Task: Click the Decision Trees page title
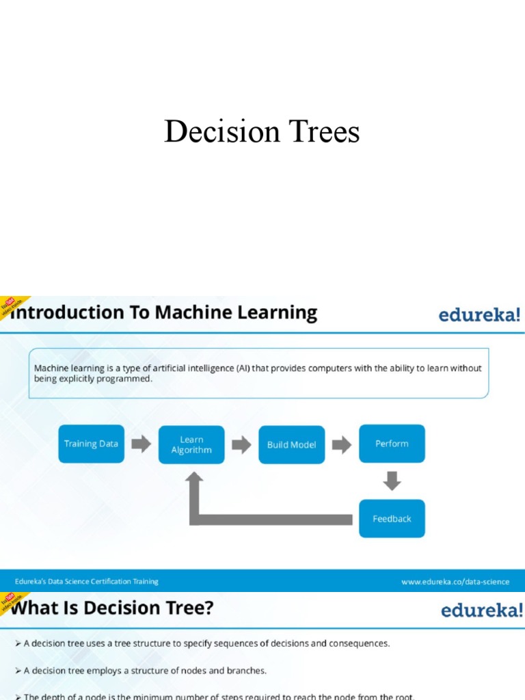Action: [x=262, y=131]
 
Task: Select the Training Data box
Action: [x=91, y=444]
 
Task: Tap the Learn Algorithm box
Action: [x=191, y=445]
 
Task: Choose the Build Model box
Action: [x=292, y=445]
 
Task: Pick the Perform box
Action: [x=392, y=444]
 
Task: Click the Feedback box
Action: [x=392, y=519]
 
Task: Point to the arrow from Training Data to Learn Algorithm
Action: [x=142, y=444]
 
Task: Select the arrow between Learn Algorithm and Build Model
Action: [x=241, y=445]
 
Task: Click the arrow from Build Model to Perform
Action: [x=342, y=445]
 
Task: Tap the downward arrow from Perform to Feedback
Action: [x=392, y=481]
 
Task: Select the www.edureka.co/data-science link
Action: [x=455, y=582]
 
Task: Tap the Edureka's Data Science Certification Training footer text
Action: [x=87, y=582]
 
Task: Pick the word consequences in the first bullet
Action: [x=356, y=643]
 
